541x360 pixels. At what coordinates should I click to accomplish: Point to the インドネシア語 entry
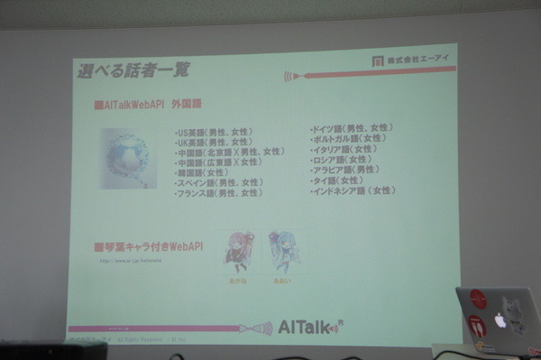(353, 190)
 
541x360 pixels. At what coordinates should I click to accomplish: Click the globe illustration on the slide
(129, 158)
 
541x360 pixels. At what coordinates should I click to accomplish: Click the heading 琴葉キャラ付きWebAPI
(149, 245)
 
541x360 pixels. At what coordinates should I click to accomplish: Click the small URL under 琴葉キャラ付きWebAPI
(135, 262)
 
